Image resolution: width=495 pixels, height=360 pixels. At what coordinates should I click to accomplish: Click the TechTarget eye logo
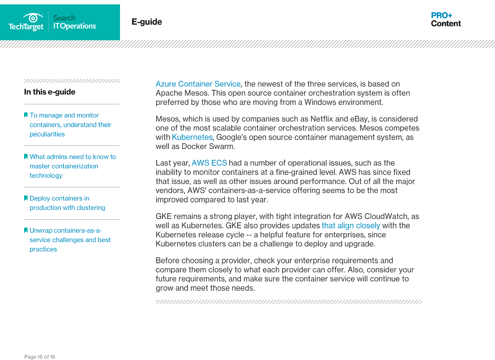click(33, 17)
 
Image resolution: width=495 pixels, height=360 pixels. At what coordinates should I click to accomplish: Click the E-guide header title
click(147, 22)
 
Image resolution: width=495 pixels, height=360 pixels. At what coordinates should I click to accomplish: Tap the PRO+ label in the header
click(441, 15)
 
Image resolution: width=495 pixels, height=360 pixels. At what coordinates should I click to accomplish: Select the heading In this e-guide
click(50, 92)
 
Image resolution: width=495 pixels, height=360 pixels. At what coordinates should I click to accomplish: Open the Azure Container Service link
click(198, 84)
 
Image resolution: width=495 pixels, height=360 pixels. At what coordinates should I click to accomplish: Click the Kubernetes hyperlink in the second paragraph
click(192, 137)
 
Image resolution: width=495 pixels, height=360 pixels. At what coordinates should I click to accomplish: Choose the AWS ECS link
click(209, 163)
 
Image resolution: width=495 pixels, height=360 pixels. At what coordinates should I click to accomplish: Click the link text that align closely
click(351, 225)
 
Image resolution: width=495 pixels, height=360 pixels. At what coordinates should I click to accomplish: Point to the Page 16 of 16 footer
click(40, 357)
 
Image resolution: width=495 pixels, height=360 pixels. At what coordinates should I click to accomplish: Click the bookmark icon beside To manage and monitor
click(26, 115)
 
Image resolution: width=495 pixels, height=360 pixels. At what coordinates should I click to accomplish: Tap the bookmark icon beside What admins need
click(26, 156)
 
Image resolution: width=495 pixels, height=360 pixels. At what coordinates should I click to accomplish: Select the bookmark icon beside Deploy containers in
click(26, 198)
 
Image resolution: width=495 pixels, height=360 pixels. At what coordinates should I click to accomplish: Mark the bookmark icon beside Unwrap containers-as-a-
click(26, 230)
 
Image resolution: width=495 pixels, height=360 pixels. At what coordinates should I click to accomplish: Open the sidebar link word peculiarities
click(47, 134)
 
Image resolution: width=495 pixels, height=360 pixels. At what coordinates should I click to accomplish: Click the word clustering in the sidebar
click(91, 208)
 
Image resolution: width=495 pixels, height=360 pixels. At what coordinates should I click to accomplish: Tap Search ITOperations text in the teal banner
click(74, 22)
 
